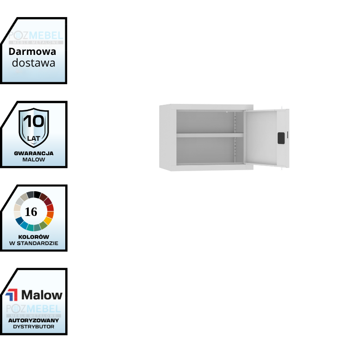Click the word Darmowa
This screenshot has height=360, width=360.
click(x=32, y=51)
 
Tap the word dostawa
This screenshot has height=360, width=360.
click(x=34, y=63)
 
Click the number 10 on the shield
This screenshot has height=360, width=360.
click(x=34, y=121)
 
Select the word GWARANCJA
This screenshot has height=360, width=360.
click(x=34, y=153)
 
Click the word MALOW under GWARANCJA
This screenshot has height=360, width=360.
click(x=34, y=160)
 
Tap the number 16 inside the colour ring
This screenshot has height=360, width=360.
click(x=31, y=211)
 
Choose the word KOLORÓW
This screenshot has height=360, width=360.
click(x=34, y=237)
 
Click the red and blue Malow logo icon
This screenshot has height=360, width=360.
click(x=12, y=295)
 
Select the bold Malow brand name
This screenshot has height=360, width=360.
click(x=42, y=295)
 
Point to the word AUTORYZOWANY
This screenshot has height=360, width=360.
click(x=34, y=320)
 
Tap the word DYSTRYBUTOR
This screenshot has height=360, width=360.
click(x=34, y=327)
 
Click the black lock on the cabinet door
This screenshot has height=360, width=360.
click(x=281, y=138)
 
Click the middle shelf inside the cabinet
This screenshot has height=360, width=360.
click(x=209, y=135)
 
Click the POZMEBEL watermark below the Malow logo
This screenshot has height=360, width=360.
click(x=34, y=309)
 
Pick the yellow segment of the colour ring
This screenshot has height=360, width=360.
click(x=48, y=220)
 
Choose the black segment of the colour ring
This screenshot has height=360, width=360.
click(x=37, y=194)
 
